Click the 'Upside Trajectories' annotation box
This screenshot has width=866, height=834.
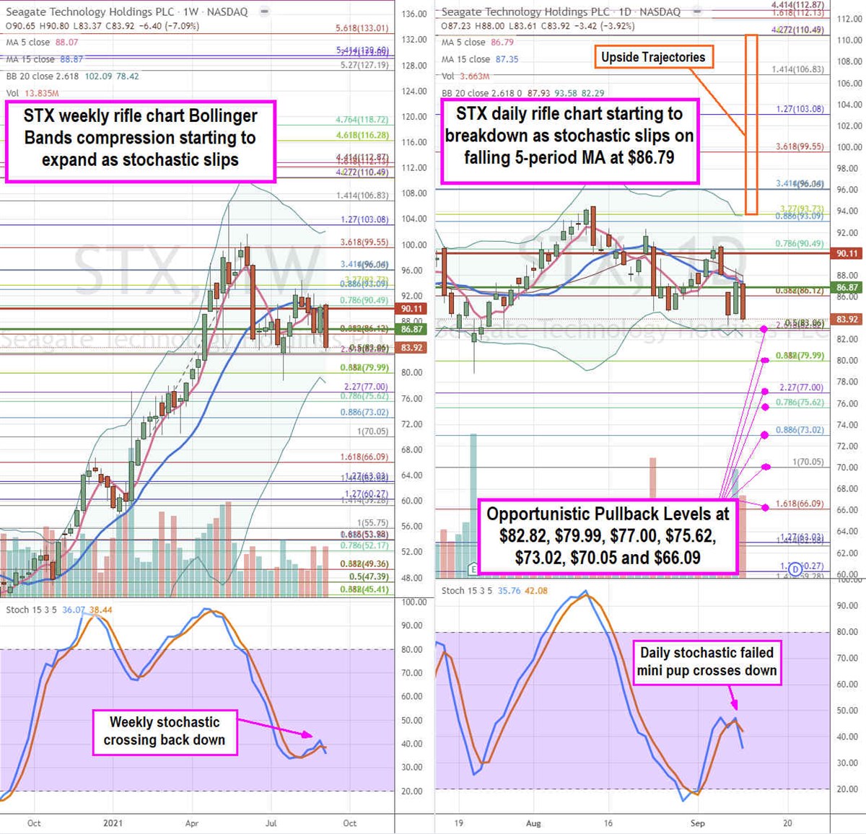(x=653, y=57)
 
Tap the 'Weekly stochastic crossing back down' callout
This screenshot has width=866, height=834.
(x=165, y=731)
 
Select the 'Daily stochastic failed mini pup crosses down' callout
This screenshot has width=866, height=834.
(x=707, y=662)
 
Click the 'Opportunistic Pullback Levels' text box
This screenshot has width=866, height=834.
(x=607, y=535)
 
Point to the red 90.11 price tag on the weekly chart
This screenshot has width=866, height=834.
(x=412, y=308)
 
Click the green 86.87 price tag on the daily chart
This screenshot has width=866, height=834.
(x=847, y=287)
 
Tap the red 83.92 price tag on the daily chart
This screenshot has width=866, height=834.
(x=847, y=320)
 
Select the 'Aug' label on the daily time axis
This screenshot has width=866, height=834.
(x=533, y=823)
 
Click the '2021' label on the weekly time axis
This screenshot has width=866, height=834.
(x=113, y=823)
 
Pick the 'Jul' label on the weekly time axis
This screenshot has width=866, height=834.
(x=271, y=823)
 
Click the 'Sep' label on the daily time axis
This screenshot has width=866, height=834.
(x=697, y=823)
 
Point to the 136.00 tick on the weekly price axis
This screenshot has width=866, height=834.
(x=414, y=14)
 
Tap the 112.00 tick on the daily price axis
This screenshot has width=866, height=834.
(x=849, y=19)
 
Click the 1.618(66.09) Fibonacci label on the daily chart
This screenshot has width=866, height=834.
(x=800, y=504)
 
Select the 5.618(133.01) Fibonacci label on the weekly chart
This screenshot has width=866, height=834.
(x=362, y=29)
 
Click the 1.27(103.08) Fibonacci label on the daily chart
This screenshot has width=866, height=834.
(x=800, y=109)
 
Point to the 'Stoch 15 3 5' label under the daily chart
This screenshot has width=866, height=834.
(x=466, y=590)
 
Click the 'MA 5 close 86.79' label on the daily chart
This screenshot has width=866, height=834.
(x=478, y=43)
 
